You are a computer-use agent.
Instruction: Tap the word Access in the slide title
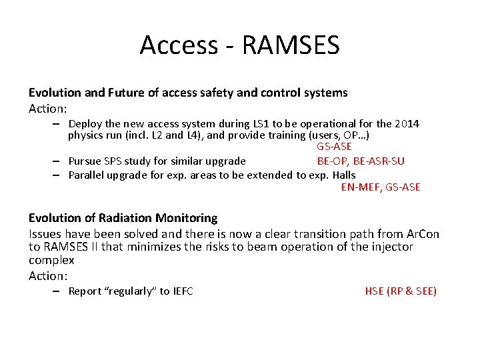pyautogui.click(x=179, y=45)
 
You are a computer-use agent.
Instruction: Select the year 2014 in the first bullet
pyautogui.click(x=407, y=123)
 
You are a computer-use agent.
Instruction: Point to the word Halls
pyautogui.click(x=341, y=175)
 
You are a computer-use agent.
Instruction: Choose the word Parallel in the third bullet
pyautogui.click(x=87, y=175)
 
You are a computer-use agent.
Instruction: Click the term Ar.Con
pyautogui.click(x=422, y=234)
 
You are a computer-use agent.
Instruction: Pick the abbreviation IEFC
pyautogui.click(x=183, y=291)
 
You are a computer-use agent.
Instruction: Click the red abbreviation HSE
pyautogui.click(x=374, y=291)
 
